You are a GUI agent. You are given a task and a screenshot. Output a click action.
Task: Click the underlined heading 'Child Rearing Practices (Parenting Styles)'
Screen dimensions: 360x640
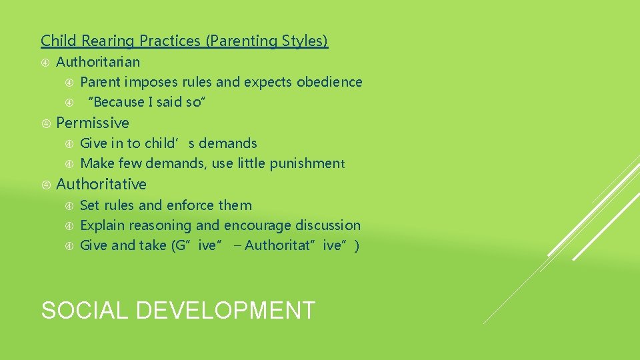tap(184, 41)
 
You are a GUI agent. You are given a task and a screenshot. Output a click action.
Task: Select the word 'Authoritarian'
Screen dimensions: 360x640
tap(98, 62)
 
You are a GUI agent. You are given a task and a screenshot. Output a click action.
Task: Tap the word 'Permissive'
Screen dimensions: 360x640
tap(93, 123)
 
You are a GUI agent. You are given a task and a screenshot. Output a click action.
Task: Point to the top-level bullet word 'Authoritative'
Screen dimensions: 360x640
tap(101, 184)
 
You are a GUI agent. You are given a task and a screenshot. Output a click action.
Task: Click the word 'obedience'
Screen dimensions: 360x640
tap(329, 82)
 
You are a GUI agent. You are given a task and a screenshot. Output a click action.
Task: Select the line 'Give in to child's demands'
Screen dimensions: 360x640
tap(168, 143)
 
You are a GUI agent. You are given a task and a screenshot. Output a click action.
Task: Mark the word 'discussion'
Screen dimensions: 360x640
tap(328, 225)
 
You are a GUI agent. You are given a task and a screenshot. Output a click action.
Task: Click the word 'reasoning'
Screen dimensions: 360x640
tap(159, 225)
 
